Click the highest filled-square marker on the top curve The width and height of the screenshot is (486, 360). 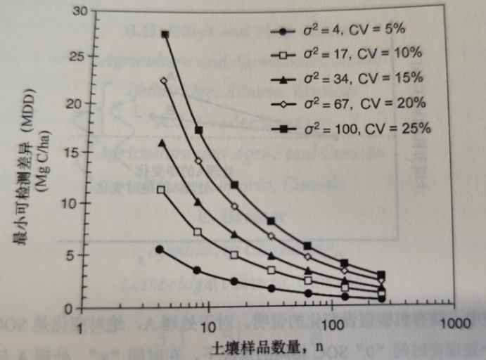pos(165,34)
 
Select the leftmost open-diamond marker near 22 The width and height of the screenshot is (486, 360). pos(164,80)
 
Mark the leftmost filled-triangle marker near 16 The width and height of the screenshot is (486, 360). pos(162,143)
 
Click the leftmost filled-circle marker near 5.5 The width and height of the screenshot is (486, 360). pos(160,249)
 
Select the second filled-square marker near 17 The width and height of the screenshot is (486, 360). pos(199,130)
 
